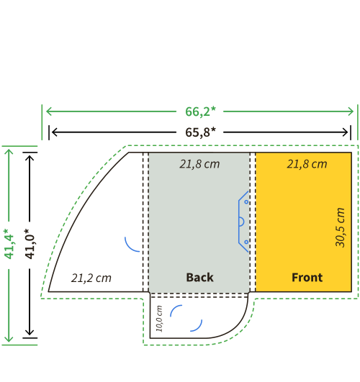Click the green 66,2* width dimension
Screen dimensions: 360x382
pyautogui.click(x=200, y=112)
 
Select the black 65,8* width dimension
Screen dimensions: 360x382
pyautogui.click(x=200, y=132)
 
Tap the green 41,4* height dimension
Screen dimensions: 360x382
pyautogui.click(x=9, y=244)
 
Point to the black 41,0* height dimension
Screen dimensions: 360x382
pyautogui.click(x=30, y=244)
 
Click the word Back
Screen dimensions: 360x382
pyautogui.click(x=199, y=277)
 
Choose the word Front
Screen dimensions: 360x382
pyautogui.click(x=307, y=277)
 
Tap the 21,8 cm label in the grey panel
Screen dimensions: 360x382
pyautogui.click(x=199, y=164)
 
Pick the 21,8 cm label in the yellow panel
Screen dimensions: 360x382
pyautogui.click(x=307, y=164)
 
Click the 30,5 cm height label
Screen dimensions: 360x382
pyautogui.click(x=341, y=227)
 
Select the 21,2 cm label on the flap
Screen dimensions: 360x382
pyautogui.click(x=91, y=278)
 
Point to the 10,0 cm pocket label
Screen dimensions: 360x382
pyautogui.click(x=159, y=319)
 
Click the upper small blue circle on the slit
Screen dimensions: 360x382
pyautogui.click(x=246, y=202)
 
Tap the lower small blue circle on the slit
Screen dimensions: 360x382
pyautogui.click(x=246, y=242)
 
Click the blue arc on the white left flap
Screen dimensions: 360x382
pyautogui.click(x=129, y=247)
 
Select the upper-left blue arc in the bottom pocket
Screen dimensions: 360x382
pyautogui.click(x=174, y=308)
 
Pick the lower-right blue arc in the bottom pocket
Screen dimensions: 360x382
pyautogui.click(x=199, y=328)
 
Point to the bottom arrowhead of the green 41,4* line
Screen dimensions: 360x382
pyautogui.click(x=9, y=339)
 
